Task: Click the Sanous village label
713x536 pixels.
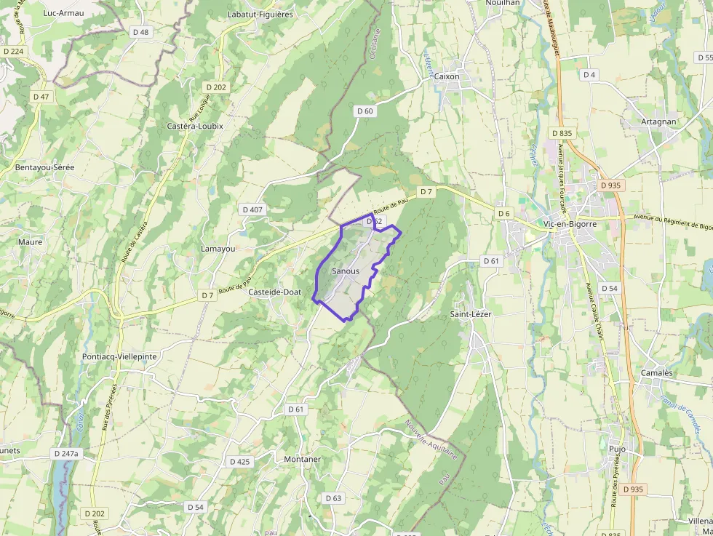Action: [345, 271]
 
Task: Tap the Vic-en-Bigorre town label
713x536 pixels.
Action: [570, 224]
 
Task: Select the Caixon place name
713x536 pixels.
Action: [447, 76]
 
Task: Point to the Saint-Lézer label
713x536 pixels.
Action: [471, 314]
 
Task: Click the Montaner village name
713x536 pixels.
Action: [302, 459]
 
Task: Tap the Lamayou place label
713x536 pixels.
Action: [218, 249]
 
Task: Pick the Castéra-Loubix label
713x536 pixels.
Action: [195, 126]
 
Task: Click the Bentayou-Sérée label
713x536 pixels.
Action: [44, 167]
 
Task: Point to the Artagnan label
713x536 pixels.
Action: [658, 122]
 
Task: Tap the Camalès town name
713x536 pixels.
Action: [656, 372]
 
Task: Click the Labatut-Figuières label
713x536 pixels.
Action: [260, 14]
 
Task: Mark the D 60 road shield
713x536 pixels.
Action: [365, 111]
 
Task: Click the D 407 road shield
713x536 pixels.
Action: [252, 209]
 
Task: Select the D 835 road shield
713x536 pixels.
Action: [562, 133]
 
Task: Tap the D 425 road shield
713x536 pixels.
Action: [239, 462]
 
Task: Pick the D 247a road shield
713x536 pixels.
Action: [65, 453]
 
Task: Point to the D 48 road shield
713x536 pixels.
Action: [140, 32]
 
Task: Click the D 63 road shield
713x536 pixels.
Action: [332, 498]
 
